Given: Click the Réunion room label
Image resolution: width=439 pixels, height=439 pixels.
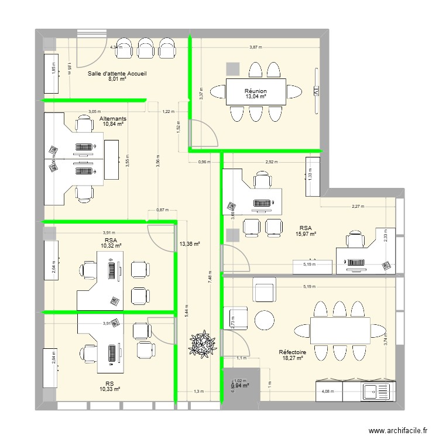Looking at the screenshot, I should (x=256, y=91).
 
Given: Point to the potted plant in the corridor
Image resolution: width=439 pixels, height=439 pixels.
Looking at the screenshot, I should (x=202, y=344).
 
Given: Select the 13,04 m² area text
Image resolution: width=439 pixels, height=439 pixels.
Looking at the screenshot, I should (x=256, y=97).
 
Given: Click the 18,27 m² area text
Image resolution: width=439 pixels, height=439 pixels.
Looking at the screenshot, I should (x=292, y=358).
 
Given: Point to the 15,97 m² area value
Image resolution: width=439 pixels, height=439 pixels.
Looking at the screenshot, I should (x=306, y=234).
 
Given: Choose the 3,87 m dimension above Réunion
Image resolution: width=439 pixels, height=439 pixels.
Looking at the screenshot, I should (x=255, y=47).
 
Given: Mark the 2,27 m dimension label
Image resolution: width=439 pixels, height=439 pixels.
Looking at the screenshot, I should (x=358, y=206).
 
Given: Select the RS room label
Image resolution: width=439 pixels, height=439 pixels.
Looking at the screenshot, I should (x=109, y=383).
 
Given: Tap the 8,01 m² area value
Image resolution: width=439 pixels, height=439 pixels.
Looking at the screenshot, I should (x=117, y=80).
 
